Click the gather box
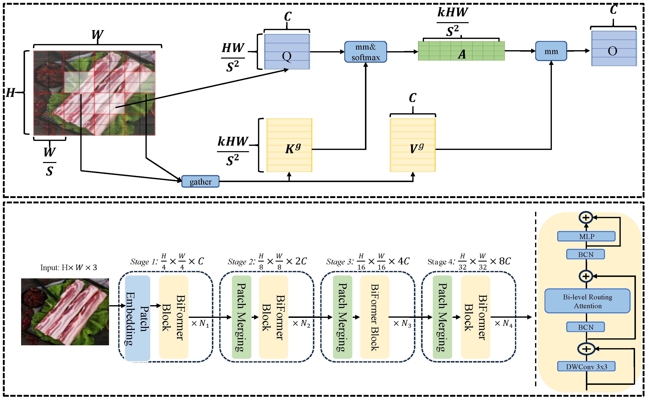(x=200, y=181)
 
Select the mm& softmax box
(x=366, y=52)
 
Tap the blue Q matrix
(x=287, y=52)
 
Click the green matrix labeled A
(x=461, y=51)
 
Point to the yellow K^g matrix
(x=289, y=145)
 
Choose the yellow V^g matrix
(x=413, y=145)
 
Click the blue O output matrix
(x=614, y=48)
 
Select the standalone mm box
(x=551, y=51)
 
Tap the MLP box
(x=586, y=236)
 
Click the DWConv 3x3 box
(x=586, y=366)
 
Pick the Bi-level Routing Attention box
(x=587, y=301)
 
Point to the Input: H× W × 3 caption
(x=69, y=267)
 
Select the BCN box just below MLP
(x=585, y=254)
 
